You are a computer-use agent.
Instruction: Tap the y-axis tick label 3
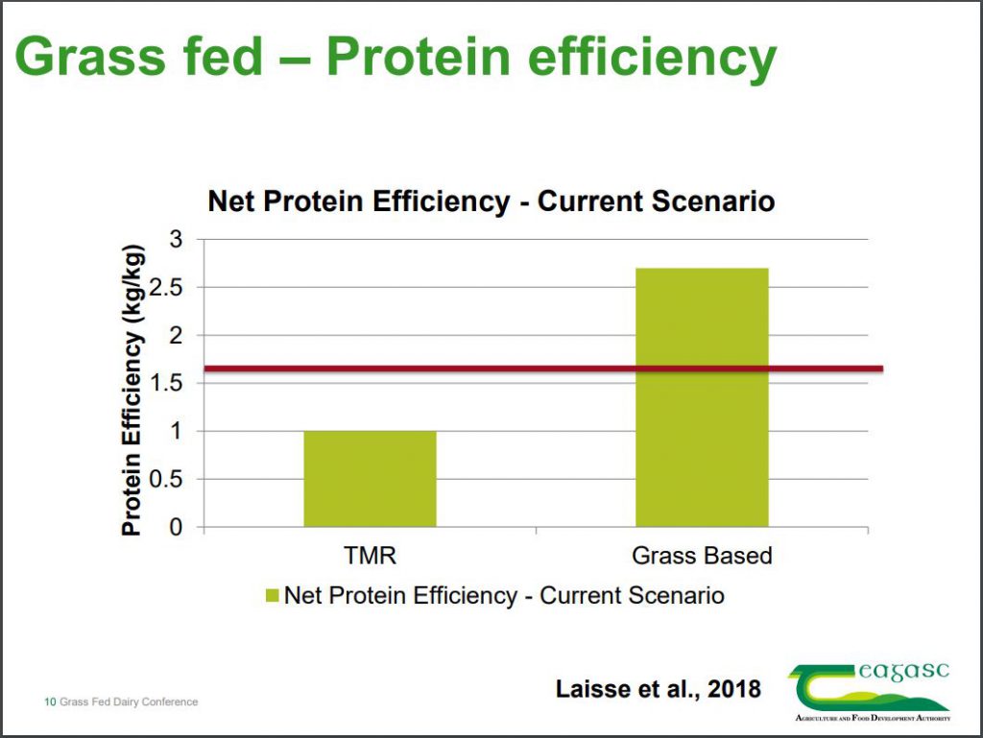click(x=176, y=239)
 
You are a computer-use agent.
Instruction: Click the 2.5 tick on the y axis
click(x=168, y=287)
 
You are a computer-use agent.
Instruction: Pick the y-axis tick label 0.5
click(x=168, y=479)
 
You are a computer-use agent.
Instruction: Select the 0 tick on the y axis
click(x=176, y=527)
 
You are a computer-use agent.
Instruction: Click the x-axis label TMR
click(x=371, y=556)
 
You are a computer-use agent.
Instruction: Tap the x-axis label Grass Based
click(x=702, y=556)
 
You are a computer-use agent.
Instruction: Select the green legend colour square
click(x=271, y=596)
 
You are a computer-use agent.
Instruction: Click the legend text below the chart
click(x=504, y=595)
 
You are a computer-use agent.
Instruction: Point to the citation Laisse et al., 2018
click(x=659, y=688)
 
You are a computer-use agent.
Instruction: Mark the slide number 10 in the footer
click(x=50, y=702)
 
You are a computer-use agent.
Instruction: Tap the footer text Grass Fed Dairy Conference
click(x=129, y=702)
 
